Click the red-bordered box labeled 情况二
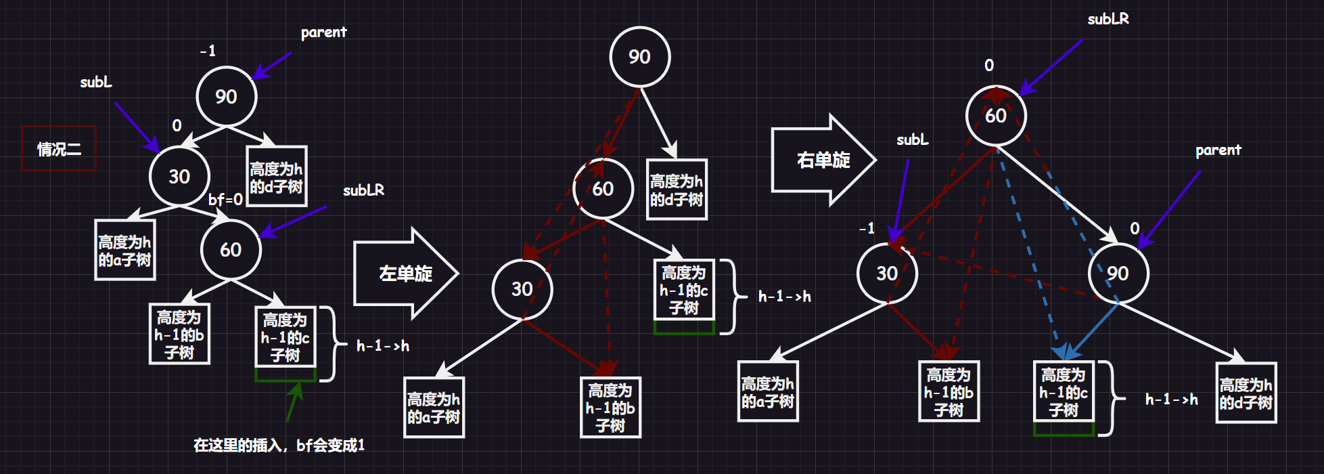pos(59,148)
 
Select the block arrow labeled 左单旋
pos(405,274)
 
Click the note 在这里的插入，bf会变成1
pos(279,445)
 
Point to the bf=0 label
pos(225,200)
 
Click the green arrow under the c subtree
pos(294,402)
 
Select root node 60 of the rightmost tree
pos(995,116)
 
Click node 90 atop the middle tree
pos(639,57)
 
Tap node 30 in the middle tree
pos(522,289)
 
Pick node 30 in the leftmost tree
pos(179,177)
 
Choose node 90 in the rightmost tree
pos(1118,274)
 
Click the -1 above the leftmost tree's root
pos(208,51)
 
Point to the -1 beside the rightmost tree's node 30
pos(867,228)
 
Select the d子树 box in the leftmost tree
pos(276,177)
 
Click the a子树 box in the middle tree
pos(434,408)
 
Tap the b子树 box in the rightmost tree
pos(949,392)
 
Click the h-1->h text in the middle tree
pos(784,297)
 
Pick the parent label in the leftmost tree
pos(323,33)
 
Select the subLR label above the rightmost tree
pos(1108,20)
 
